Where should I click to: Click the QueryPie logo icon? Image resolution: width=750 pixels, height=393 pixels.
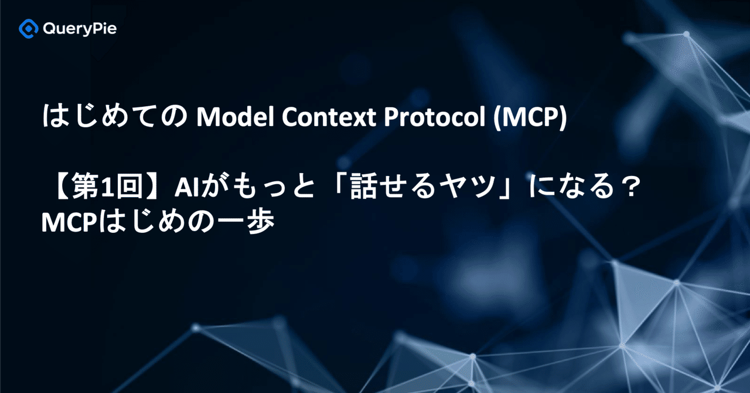click(29, 28)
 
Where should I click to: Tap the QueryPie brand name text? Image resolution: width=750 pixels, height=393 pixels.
click(80, 29)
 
